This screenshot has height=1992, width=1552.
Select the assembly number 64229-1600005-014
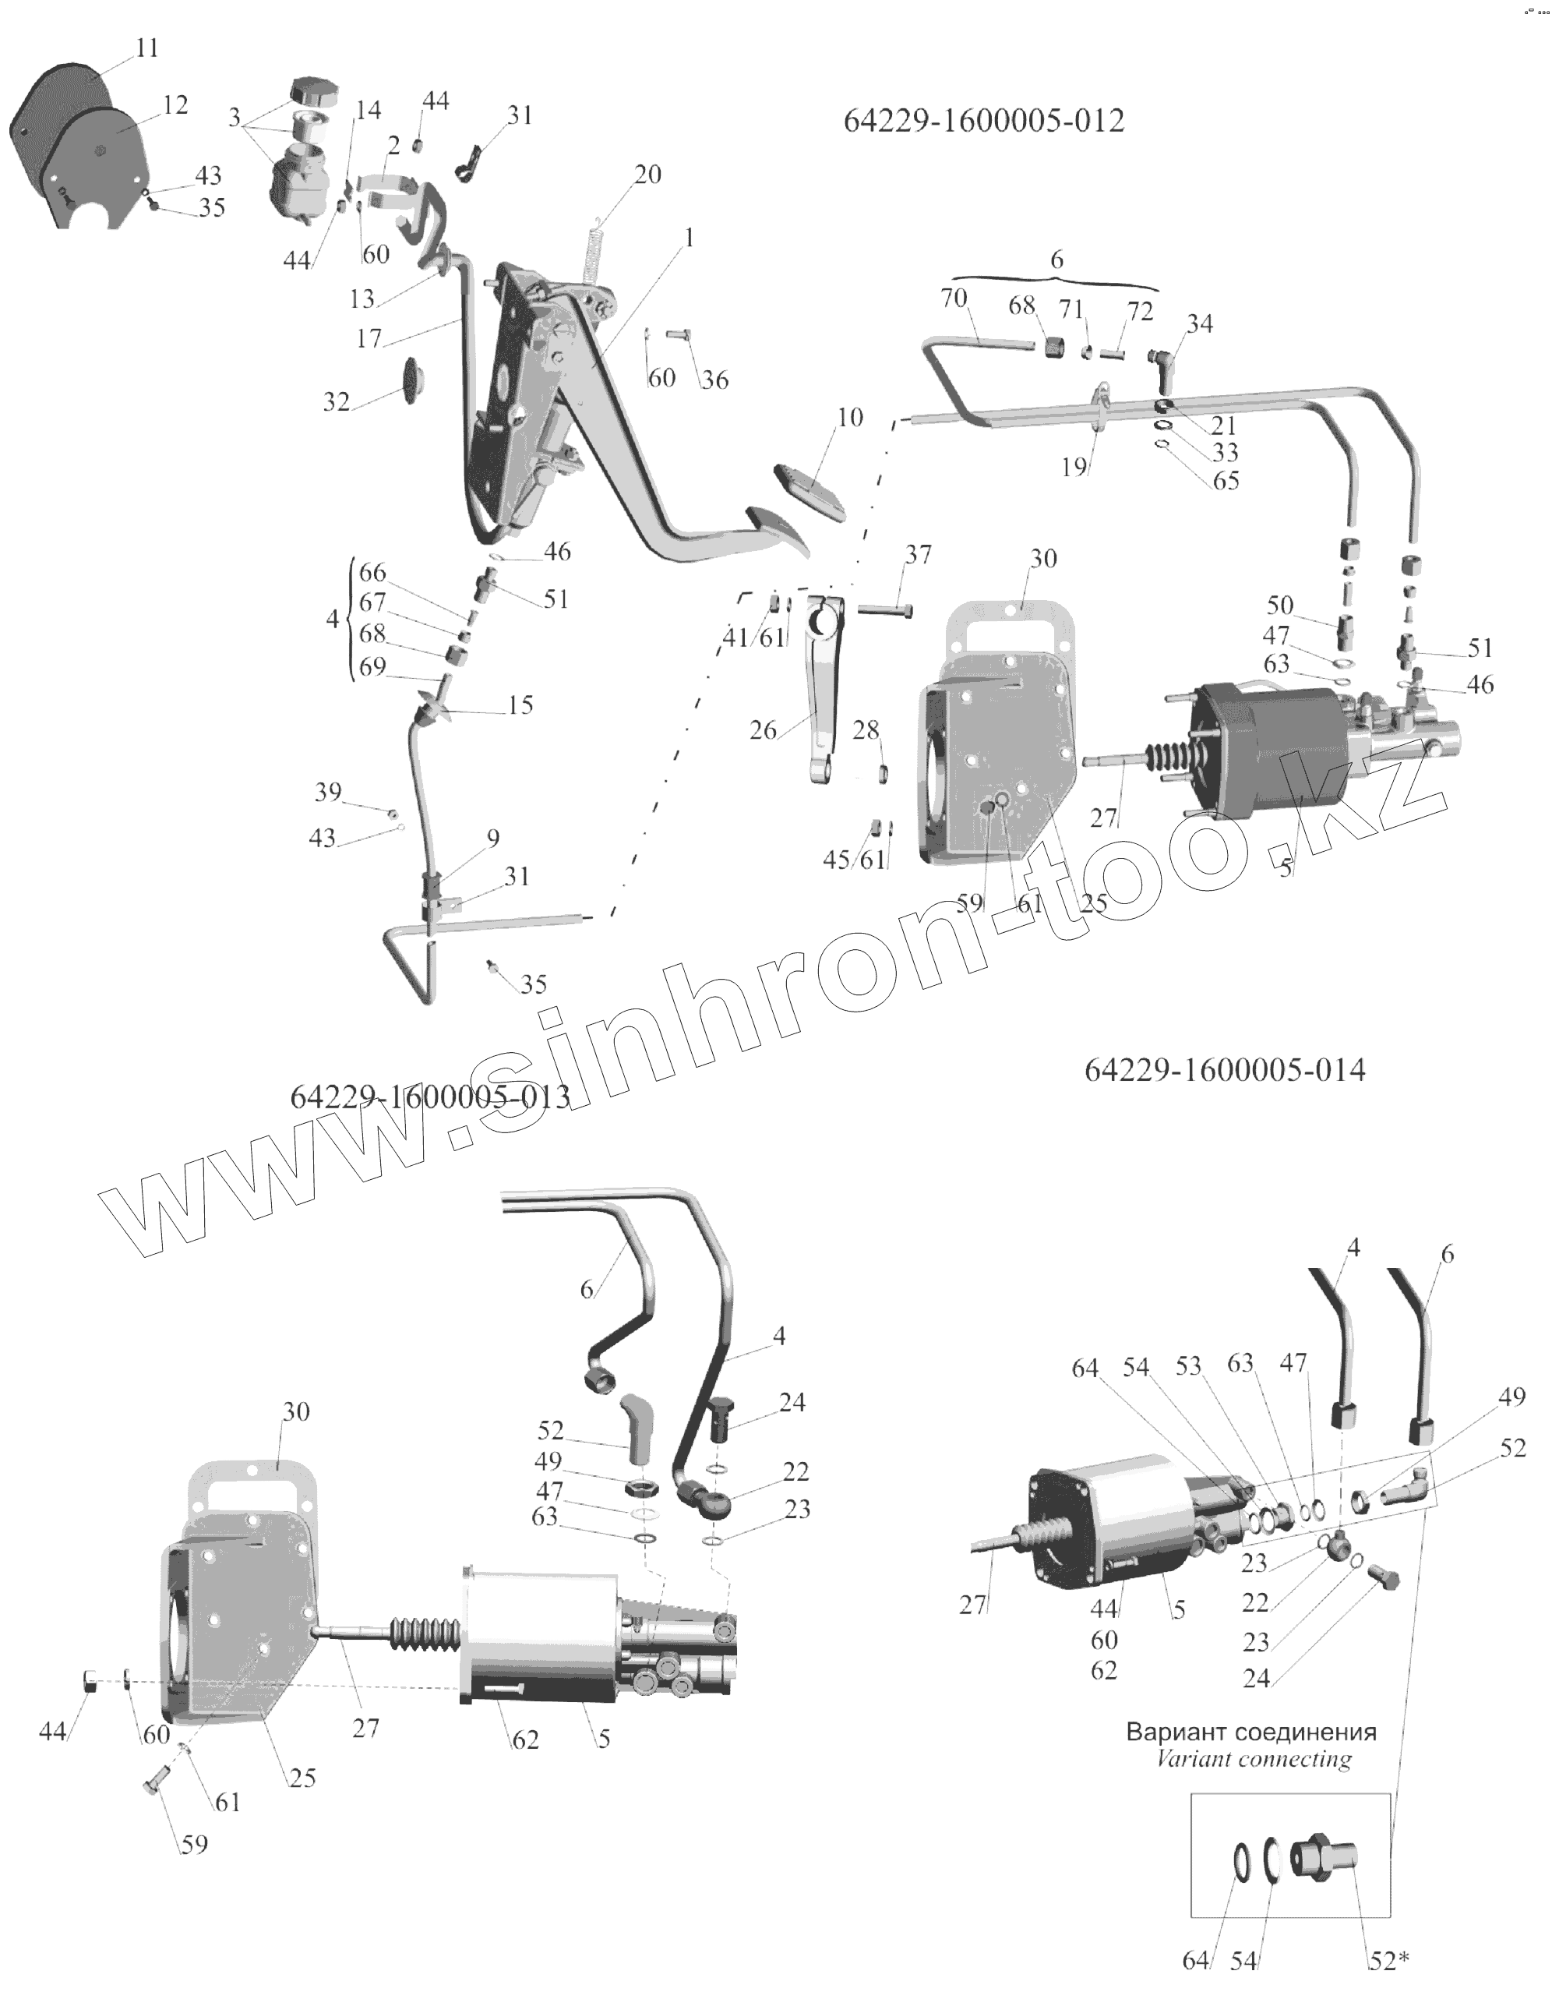[1225, 1070]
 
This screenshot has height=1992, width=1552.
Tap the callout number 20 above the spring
[647, 175]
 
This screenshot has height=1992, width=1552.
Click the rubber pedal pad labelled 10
[809, 489]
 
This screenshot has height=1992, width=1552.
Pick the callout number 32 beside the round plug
[337, 401]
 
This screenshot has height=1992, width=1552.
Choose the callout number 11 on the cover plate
[146, 48]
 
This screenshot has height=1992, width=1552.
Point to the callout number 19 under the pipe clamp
[1074, 467]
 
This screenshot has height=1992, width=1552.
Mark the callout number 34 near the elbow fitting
[1200, 323]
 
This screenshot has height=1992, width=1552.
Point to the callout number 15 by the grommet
[520, 705]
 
